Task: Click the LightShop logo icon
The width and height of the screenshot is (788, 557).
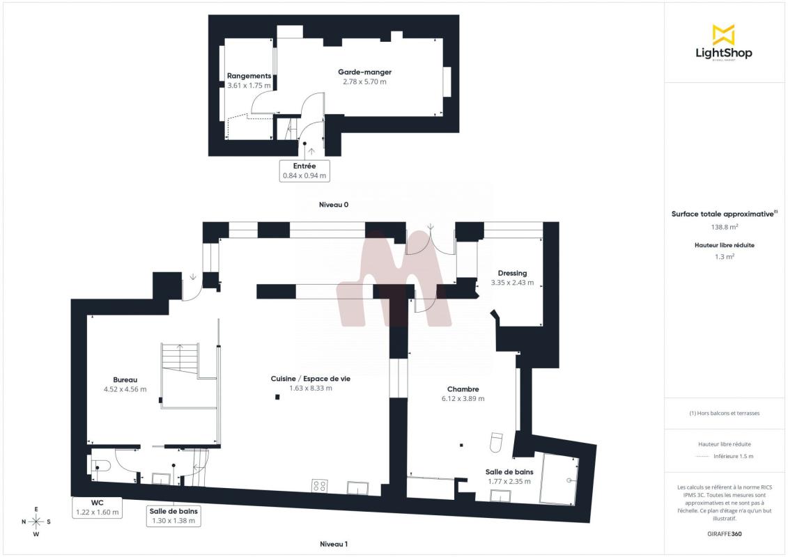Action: pos(724,35)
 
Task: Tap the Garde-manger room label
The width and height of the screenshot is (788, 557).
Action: pos(364,72)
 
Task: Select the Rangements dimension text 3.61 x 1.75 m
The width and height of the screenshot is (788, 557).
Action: pos(249,86)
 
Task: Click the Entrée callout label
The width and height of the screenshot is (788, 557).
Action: pos(304,171)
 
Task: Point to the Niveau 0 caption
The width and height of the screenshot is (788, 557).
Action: pos(334,205)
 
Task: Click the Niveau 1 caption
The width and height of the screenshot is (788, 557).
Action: pos(334,544)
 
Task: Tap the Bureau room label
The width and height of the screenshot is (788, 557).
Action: pos(125,379)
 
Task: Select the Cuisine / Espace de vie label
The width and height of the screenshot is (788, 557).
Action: pos(311,379)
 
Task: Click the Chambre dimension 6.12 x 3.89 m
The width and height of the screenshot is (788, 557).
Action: pos(463,399)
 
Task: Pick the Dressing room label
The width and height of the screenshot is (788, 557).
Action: pos(512,273)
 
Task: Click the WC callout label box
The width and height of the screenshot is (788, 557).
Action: pos(98,508)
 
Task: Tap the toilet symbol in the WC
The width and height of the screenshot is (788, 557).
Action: pos(100,466)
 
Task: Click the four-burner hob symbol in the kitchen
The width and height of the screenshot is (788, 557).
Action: pos(320,486)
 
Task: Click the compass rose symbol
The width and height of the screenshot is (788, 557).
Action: pos(36,522)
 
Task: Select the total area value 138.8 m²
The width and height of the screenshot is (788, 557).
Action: pos(724,227)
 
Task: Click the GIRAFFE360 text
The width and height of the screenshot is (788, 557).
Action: pos(724,534)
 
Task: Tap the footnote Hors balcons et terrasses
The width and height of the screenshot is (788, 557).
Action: pos(724,414)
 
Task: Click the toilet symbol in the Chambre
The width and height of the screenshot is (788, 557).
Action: pos(497,442)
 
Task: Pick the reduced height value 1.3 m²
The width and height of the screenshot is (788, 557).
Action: pos(724,257)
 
